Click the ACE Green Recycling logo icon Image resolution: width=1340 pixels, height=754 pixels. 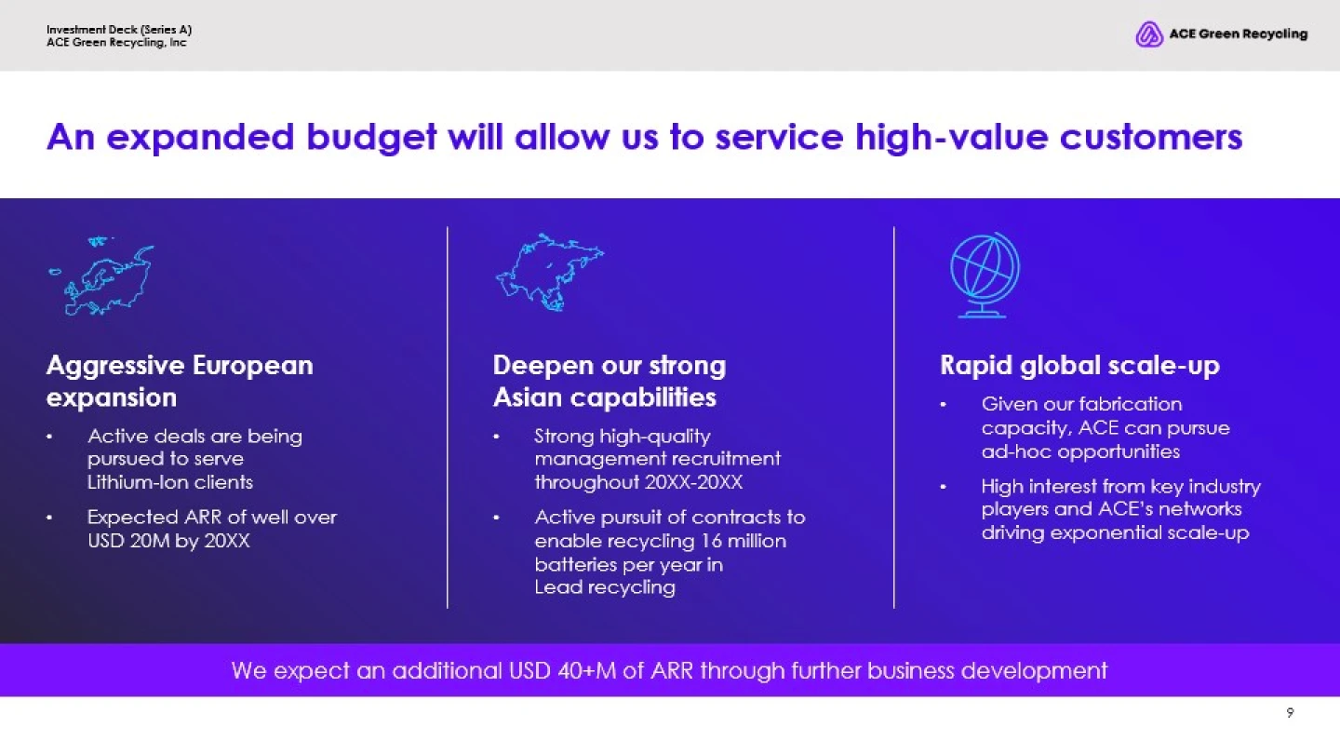point(1148,34)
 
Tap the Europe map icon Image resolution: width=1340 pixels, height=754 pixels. point(101,276)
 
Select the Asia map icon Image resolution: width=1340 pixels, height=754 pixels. point(550,272)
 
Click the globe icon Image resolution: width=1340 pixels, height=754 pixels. point(985,275)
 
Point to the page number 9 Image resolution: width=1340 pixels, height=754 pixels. point(1290,713)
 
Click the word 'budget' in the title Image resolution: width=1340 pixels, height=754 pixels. point(371,138)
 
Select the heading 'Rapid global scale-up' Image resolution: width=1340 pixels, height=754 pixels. point(1079,365)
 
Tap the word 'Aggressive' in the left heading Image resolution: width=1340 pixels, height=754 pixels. point(114,366)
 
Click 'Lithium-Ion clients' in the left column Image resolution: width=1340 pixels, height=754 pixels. point(170,482)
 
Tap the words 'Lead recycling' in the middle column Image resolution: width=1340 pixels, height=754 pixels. point(605,587)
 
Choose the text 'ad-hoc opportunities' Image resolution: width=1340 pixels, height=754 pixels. point(1080,451)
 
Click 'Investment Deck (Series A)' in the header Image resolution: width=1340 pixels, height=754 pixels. point(119,30)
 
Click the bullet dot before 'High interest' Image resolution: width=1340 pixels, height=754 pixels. point(944,487)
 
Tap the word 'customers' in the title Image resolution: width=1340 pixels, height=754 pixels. point(1151,137)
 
